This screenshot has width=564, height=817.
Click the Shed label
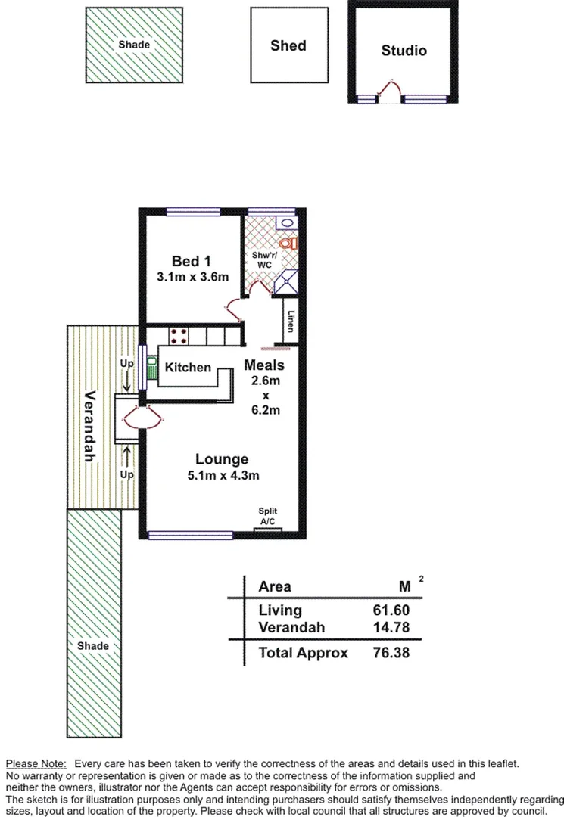tap(288, 45)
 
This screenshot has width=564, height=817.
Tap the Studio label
tap(404, 51)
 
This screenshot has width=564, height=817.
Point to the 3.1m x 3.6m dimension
tap(192, 277)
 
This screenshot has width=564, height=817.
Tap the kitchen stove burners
tap(179, 335)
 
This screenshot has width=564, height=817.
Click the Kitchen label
tap(189, 367)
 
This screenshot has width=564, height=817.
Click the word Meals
tap(264, 365)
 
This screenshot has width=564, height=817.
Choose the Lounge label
tap(221, 459)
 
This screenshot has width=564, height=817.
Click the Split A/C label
tap(267, 516)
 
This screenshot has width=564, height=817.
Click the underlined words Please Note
tap(36, 765)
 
